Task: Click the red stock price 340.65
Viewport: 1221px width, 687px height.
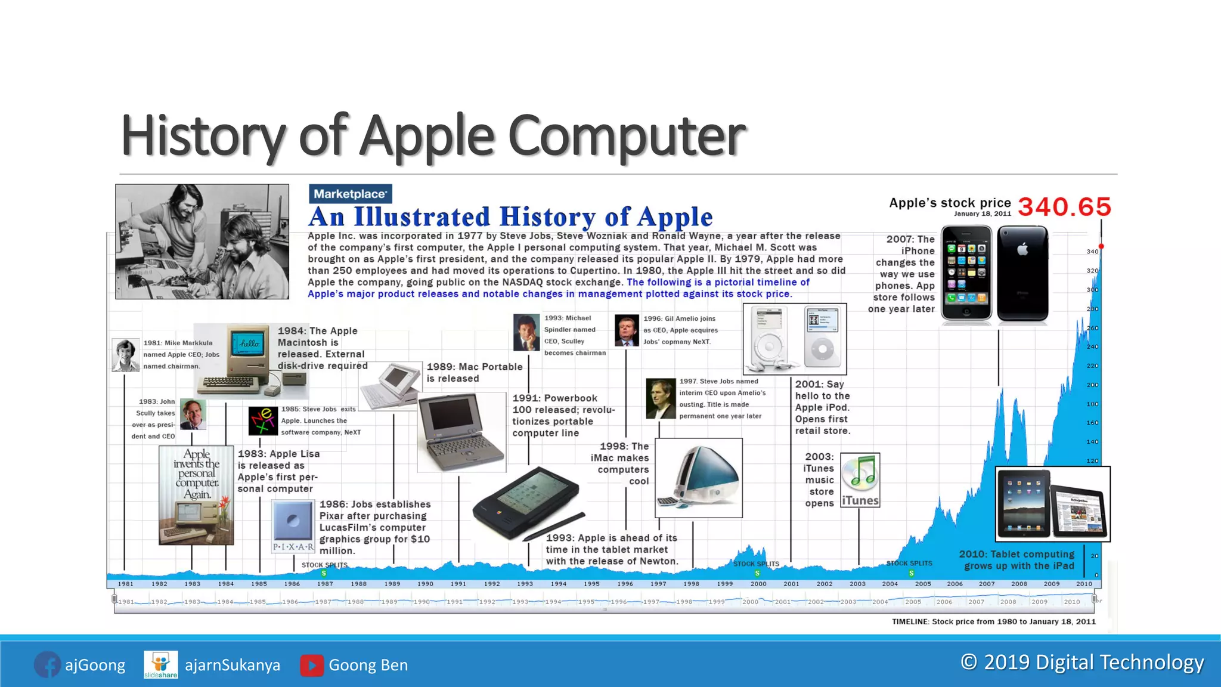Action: coord(1064,207)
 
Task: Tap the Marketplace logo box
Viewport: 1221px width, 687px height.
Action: coord(351,194)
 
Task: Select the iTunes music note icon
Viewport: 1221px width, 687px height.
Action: coord(860,473)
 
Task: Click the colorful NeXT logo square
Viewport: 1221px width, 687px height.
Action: coord(263,421)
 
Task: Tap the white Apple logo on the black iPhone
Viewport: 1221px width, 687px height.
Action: coord(1022,249)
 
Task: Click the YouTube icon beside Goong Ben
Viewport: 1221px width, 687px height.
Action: coord(312,666)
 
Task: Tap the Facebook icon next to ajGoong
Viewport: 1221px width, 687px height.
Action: coord(47,665)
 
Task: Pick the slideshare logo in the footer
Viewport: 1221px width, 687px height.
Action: coord(161,665)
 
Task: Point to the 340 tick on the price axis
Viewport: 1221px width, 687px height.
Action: coord(1092,252)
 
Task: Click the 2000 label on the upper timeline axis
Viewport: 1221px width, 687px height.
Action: coord(758,584)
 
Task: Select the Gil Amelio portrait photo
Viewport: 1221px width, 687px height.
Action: coord(627,330)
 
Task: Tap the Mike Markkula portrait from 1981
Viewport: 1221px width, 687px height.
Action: coord(125,355)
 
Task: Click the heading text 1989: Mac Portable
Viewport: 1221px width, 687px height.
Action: coord(475,367)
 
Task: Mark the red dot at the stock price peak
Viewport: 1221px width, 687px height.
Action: coord(1101,246)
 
